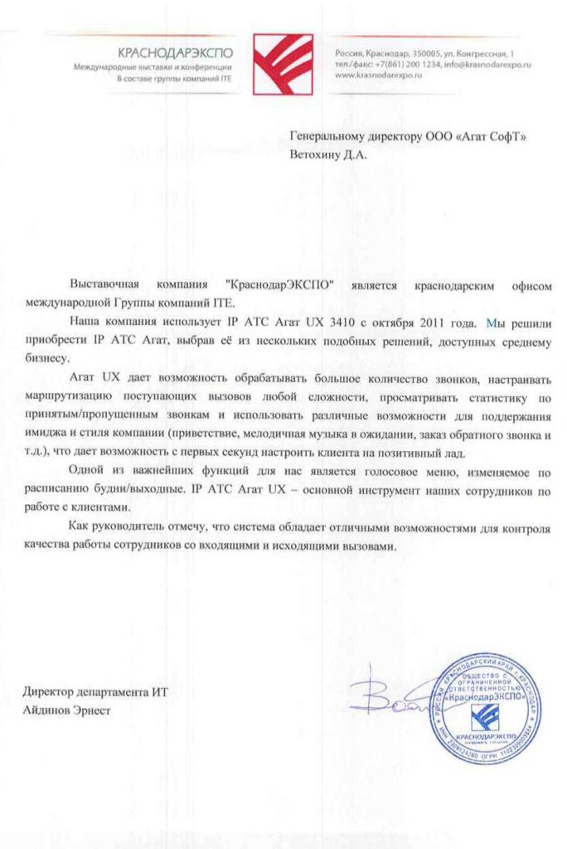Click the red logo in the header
click(283, 61)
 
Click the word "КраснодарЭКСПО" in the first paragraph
click(279, 284)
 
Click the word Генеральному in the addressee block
click(327, 136)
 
